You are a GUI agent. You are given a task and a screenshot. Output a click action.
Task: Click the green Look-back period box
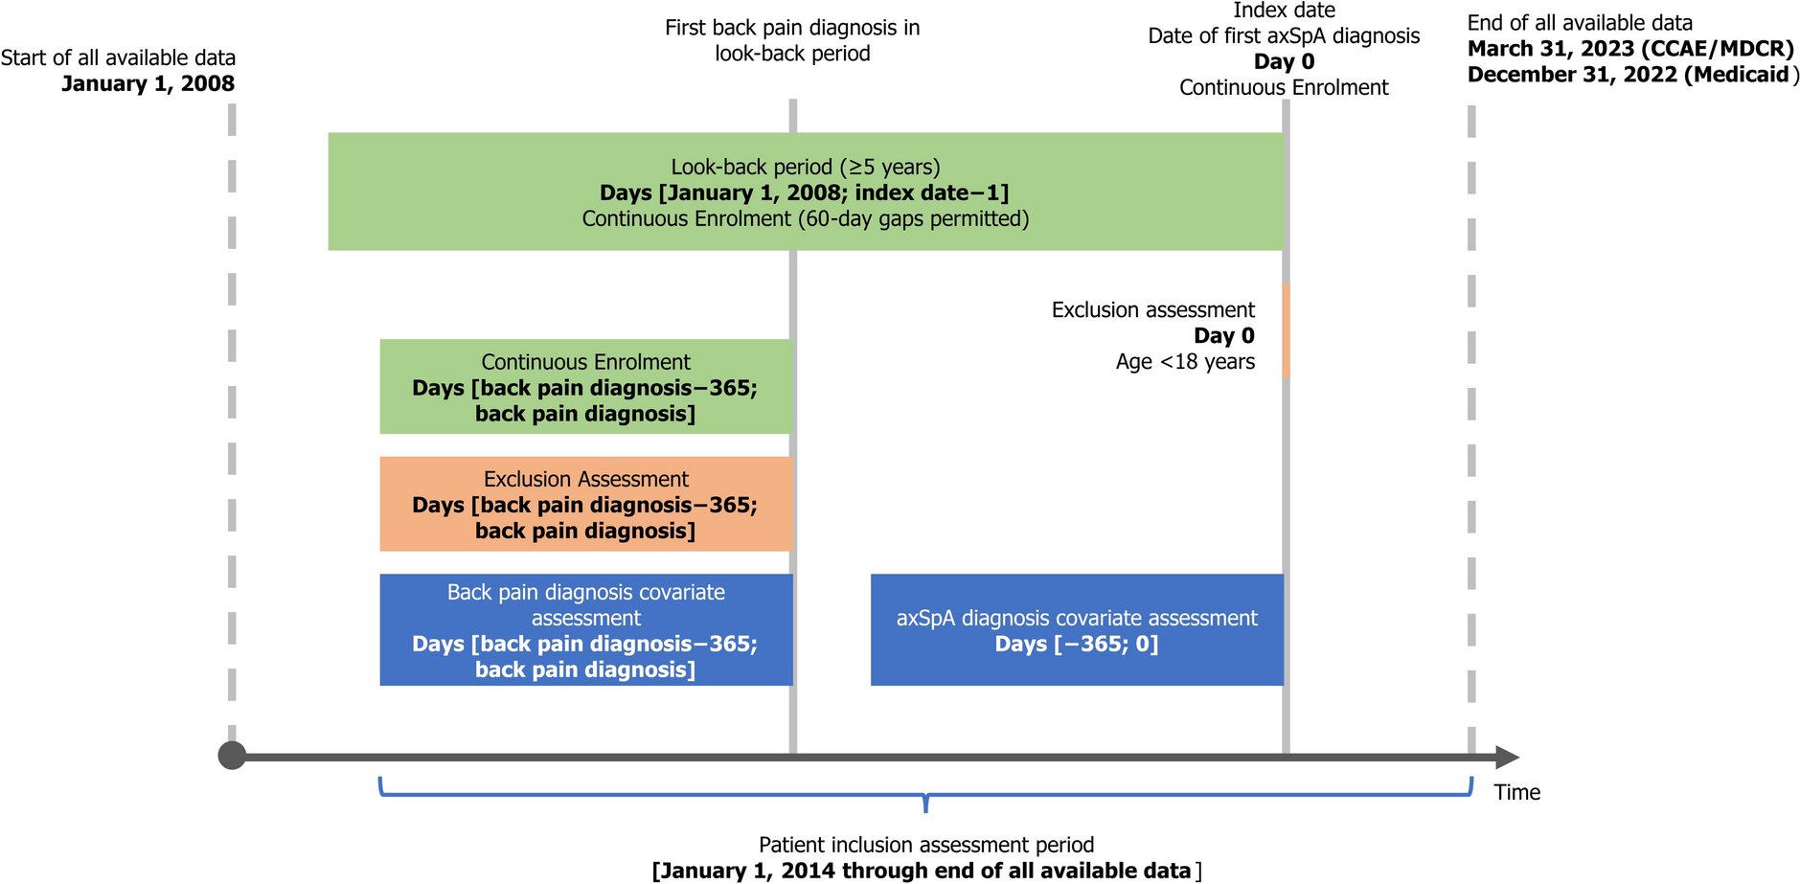805,192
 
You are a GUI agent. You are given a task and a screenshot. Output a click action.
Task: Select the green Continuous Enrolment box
585,387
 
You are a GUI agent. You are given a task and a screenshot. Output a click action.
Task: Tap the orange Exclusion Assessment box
585,504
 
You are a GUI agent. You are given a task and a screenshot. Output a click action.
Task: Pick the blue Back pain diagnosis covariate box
585,629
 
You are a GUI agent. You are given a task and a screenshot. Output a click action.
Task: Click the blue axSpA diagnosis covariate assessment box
1076,629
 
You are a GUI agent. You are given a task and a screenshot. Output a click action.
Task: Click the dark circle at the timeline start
232,756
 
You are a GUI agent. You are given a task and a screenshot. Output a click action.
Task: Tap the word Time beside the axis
1516,792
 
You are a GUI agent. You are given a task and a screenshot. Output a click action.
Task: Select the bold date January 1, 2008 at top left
148,83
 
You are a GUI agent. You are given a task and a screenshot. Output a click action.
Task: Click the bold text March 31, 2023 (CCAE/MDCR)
1630,49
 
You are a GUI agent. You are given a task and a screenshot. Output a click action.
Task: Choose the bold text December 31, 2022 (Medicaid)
1629,75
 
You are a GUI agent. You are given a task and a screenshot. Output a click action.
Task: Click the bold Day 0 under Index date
1284,61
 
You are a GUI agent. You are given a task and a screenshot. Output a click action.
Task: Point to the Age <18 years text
1185,362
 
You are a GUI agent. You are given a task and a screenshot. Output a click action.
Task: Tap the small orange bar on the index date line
1286,329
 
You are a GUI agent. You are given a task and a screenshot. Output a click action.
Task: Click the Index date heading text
1284,11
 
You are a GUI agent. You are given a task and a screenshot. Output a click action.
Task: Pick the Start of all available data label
118,57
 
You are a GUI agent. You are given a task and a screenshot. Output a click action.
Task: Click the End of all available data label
1580,23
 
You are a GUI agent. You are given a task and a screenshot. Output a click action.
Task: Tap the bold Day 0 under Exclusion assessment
1223,336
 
